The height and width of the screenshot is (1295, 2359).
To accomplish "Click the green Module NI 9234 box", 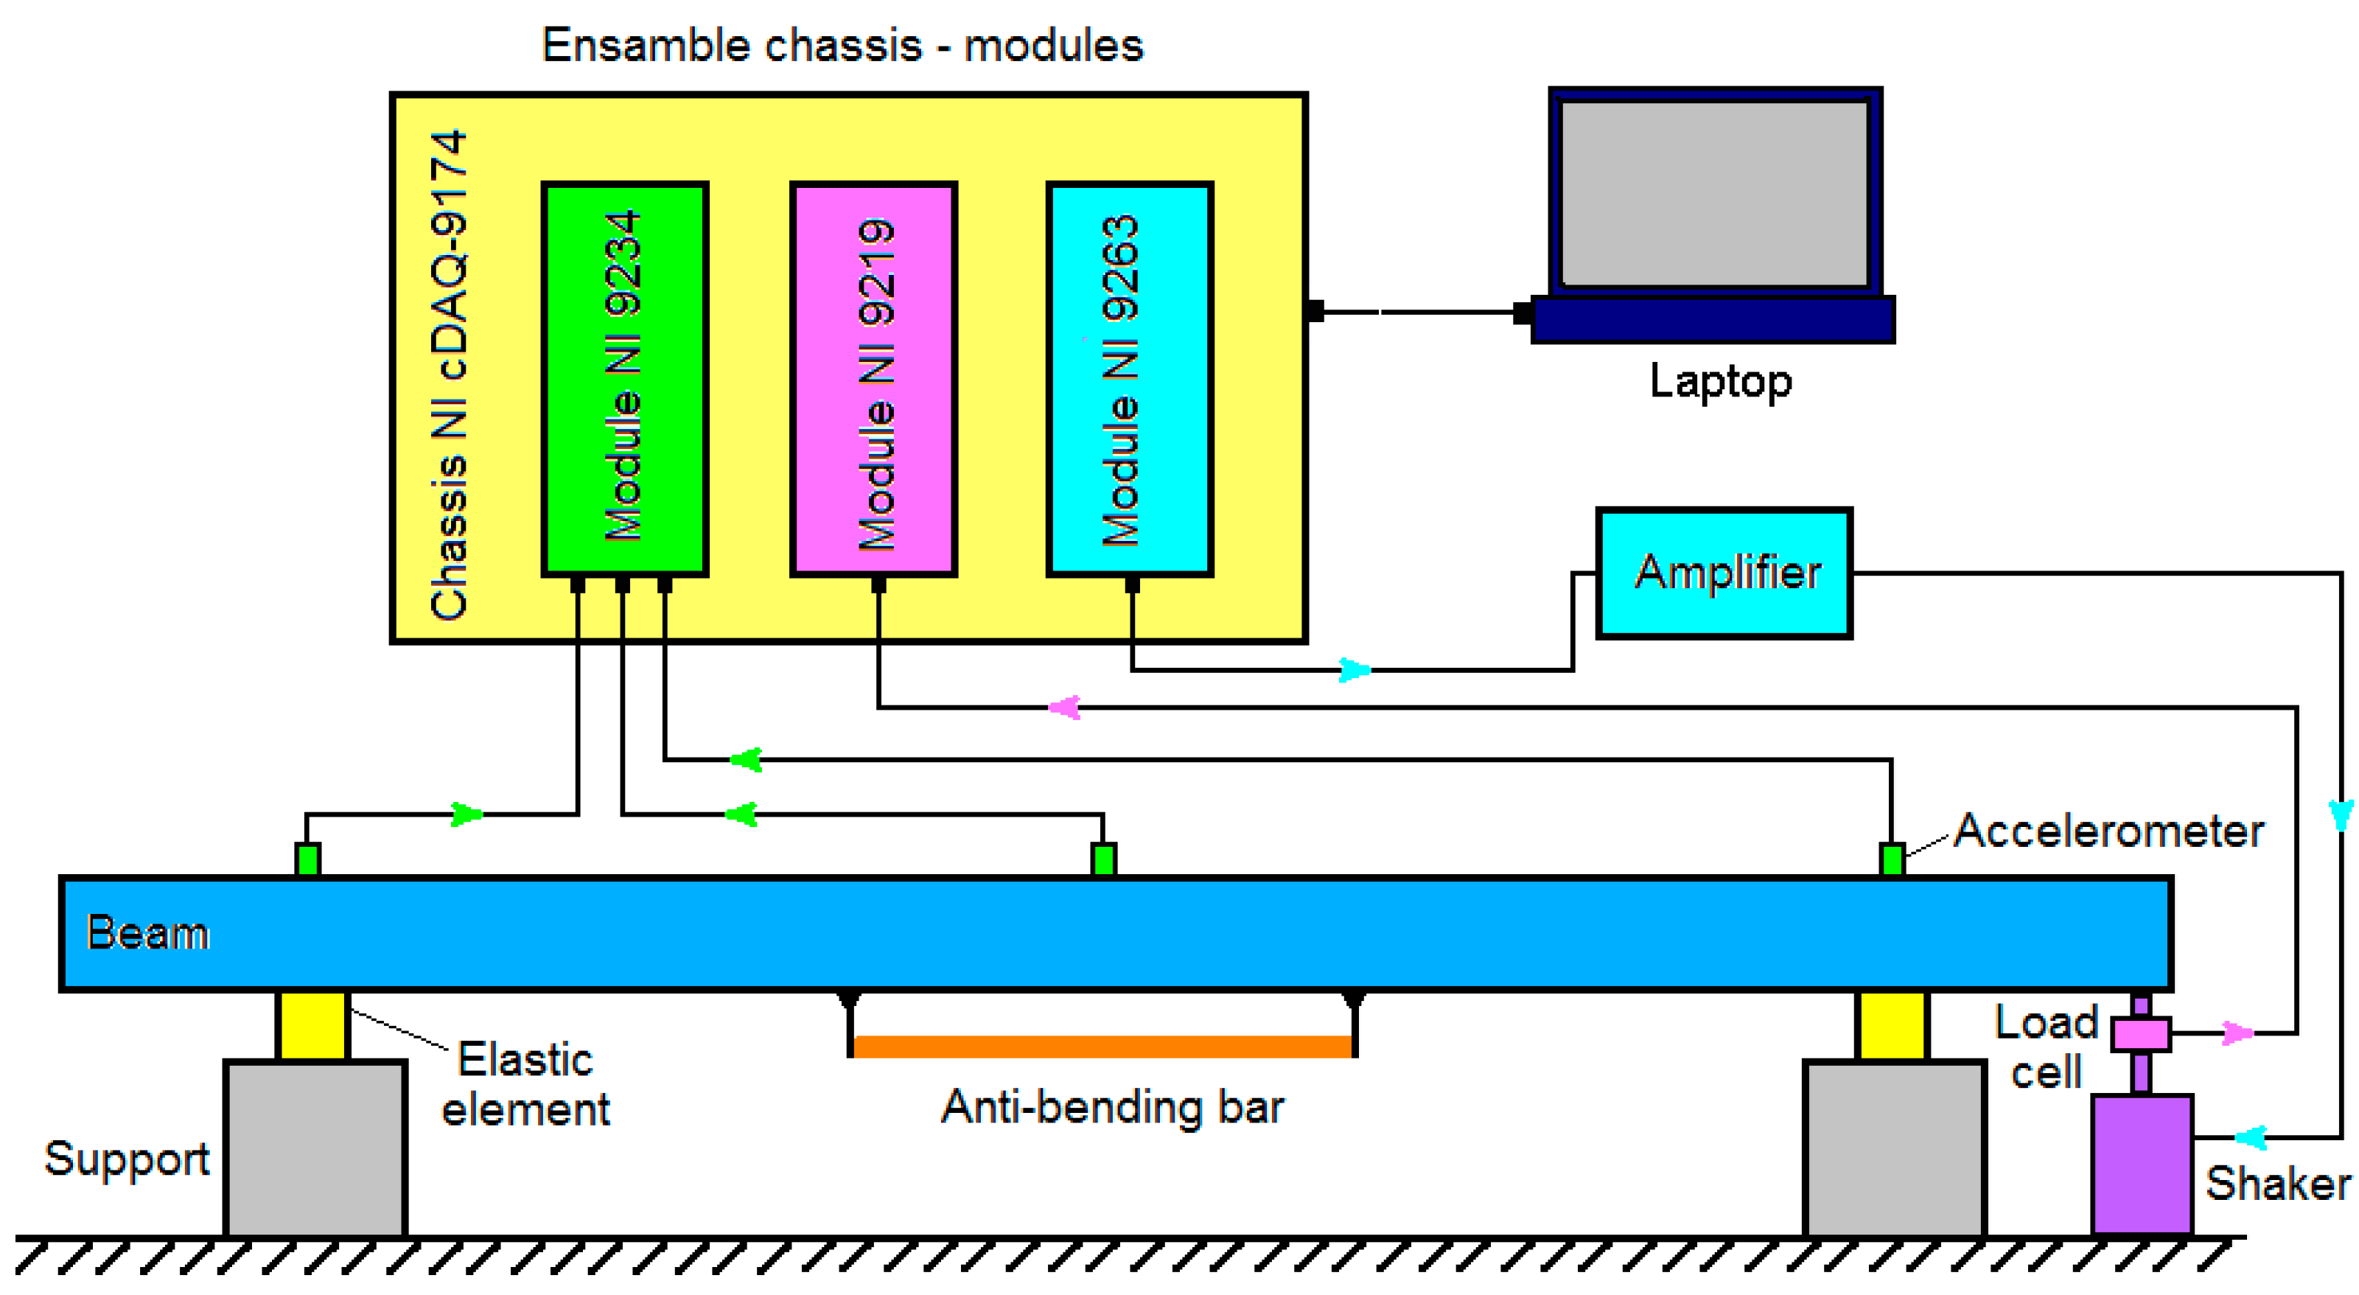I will pos(624,378).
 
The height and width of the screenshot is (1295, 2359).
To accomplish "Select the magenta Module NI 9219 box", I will pos(873,378).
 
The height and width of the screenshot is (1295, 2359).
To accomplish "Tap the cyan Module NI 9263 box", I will pos(1129,378).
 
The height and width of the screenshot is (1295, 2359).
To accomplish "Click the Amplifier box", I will pos(1724,573).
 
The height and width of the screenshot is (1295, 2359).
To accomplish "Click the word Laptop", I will pos(1720,381).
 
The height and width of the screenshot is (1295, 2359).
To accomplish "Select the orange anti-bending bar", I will pos(1102,1045).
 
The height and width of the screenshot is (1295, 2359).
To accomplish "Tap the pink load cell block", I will pos(2141,1034).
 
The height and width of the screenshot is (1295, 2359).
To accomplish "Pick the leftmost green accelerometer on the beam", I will pos(308,859).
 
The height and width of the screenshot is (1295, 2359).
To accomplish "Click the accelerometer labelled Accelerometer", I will pos(1892,859).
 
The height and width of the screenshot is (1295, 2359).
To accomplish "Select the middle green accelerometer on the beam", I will pos(1103,859).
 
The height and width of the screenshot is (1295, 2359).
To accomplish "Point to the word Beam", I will pos(147,933).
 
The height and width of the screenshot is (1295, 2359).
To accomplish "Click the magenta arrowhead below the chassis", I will pos(1064,707).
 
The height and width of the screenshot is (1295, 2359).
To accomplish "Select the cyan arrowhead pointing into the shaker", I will pos(2251,1137).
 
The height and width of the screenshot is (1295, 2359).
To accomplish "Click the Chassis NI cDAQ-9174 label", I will pos(449,375).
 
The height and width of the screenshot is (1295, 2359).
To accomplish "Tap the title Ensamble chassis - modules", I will pos(842,46).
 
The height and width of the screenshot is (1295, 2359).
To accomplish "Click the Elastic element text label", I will pos(525,1084).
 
